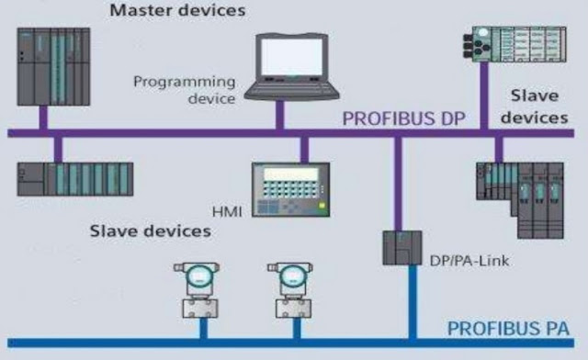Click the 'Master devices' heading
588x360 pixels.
pyautogui.click(x=178, y=12)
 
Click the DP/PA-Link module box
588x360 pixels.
pyautogui.click(x=399, y=247)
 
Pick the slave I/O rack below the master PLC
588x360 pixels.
pyautogui.click(x=74, y=178)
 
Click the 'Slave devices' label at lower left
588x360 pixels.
pyautogui.click(x=150, y=230)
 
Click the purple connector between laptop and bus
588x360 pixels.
pyautogui.click(x=280, y=116)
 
